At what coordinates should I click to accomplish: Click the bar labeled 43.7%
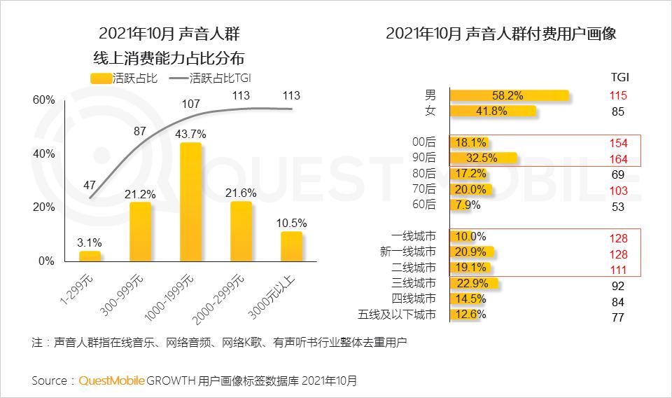191,202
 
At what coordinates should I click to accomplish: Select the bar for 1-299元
90,256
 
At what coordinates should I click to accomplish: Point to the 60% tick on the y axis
44,100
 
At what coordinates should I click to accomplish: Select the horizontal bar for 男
509,95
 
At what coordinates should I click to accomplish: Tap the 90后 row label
424,157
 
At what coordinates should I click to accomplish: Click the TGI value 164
618,159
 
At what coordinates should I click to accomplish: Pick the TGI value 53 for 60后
618,207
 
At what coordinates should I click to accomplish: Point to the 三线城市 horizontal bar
474,283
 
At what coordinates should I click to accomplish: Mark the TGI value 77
618,317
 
